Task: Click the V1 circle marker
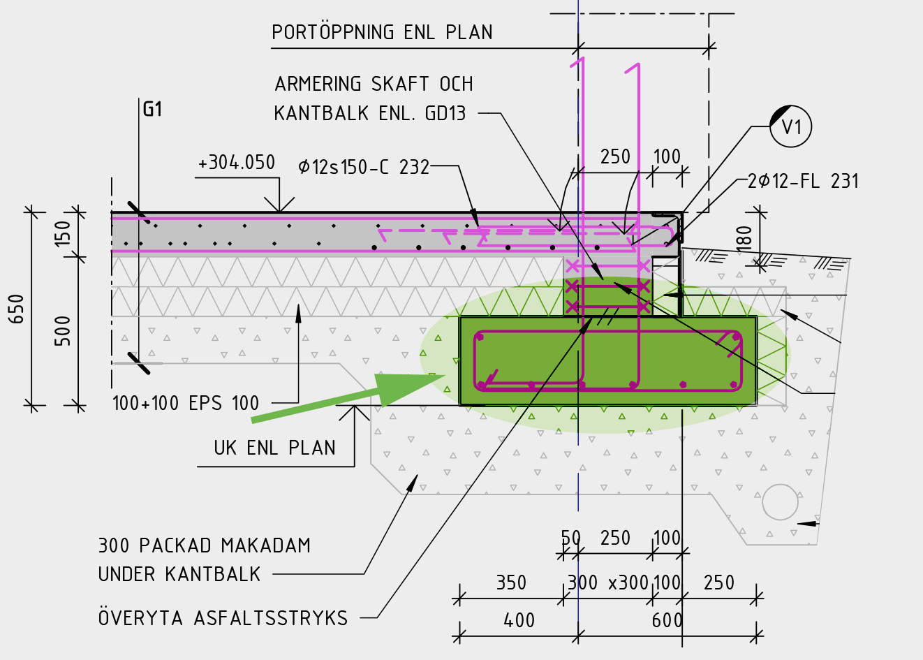[790, 126]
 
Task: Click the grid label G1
[152, 109]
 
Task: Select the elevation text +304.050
[237, 163]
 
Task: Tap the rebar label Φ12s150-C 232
[363, 167]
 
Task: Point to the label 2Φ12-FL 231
[803, 182]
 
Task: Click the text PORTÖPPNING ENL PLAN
[382, 32]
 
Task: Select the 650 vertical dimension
[16, 309]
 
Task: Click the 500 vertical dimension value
[63, 330]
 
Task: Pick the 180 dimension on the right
[744, 238]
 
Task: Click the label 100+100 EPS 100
[186, 403]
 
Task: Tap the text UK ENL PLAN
[274, 448]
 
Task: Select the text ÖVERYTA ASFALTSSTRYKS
[223, 618]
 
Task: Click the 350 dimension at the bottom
[511, 582]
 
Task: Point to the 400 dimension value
[519, 620]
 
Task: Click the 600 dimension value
[667, 620]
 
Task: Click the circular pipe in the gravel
[780, 501]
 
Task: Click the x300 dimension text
[628, 582]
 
